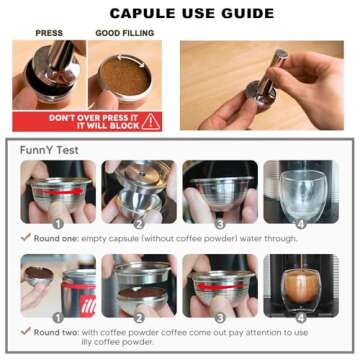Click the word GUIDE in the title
tap(245, 14)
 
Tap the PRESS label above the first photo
tap(49, 33)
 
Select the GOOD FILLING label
tap(123, 33)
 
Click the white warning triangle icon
tap(151, 121)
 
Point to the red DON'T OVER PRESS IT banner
tap(91, 121)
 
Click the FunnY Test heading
tap(50, 150)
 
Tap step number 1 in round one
tap(58, 224)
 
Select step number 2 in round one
tap(138, 224)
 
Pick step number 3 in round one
tap(219, 224)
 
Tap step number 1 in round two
tap(58, 318)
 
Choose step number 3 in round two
tap(219, 318)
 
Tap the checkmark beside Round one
tap(25, 238)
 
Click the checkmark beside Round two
tap(25, 331)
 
